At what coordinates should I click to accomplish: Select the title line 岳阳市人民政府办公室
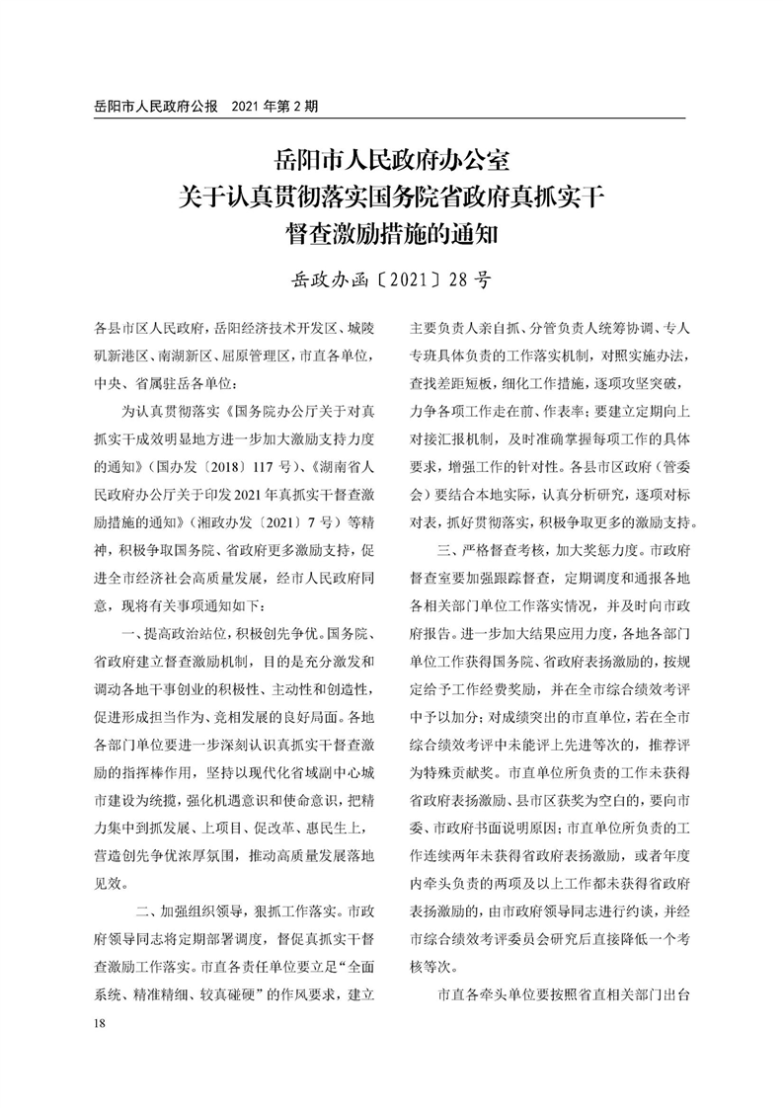click(x=392, y=160)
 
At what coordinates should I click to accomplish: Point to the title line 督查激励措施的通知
click(x=392, y=236)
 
